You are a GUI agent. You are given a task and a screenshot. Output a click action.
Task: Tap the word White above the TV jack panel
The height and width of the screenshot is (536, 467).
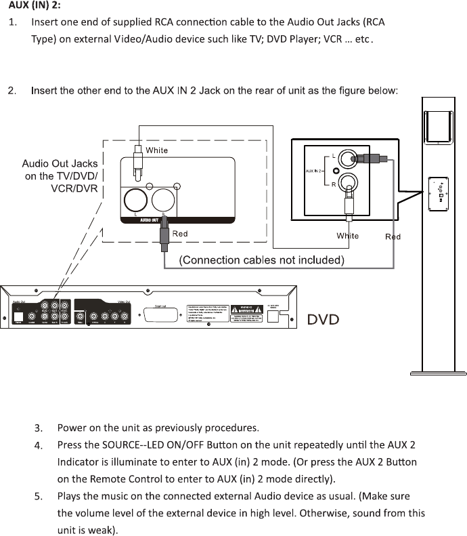pyautogui.click(x=157, y=150)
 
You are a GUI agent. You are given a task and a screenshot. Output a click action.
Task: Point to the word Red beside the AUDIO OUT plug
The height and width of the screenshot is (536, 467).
pyautogui.click(x=180, y=234)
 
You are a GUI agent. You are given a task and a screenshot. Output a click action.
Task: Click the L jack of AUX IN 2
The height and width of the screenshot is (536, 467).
pyautogui.click(x=349, y=159)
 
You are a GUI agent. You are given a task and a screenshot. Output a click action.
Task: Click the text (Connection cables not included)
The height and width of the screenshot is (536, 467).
pyautogui.click(x=261, y=260)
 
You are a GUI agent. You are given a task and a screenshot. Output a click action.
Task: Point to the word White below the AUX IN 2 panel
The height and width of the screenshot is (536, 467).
pyautogui.click(x=348, y=236)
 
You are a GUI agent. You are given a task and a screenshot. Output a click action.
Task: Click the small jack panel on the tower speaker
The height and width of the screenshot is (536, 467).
pyautogui.click(x=439, y=192)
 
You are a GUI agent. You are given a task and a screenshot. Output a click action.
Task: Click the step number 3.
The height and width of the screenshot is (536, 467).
pyautogui.click(x=39, y=428)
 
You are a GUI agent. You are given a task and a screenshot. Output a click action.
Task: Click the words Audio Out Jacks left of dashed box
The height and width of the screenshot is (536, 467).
pyautogui.click(x=60, y=163)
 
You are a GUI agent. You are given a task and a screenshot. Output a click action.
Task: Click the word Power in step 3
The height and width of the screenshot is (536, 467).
pyautogui.click(x=71, y=428)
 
